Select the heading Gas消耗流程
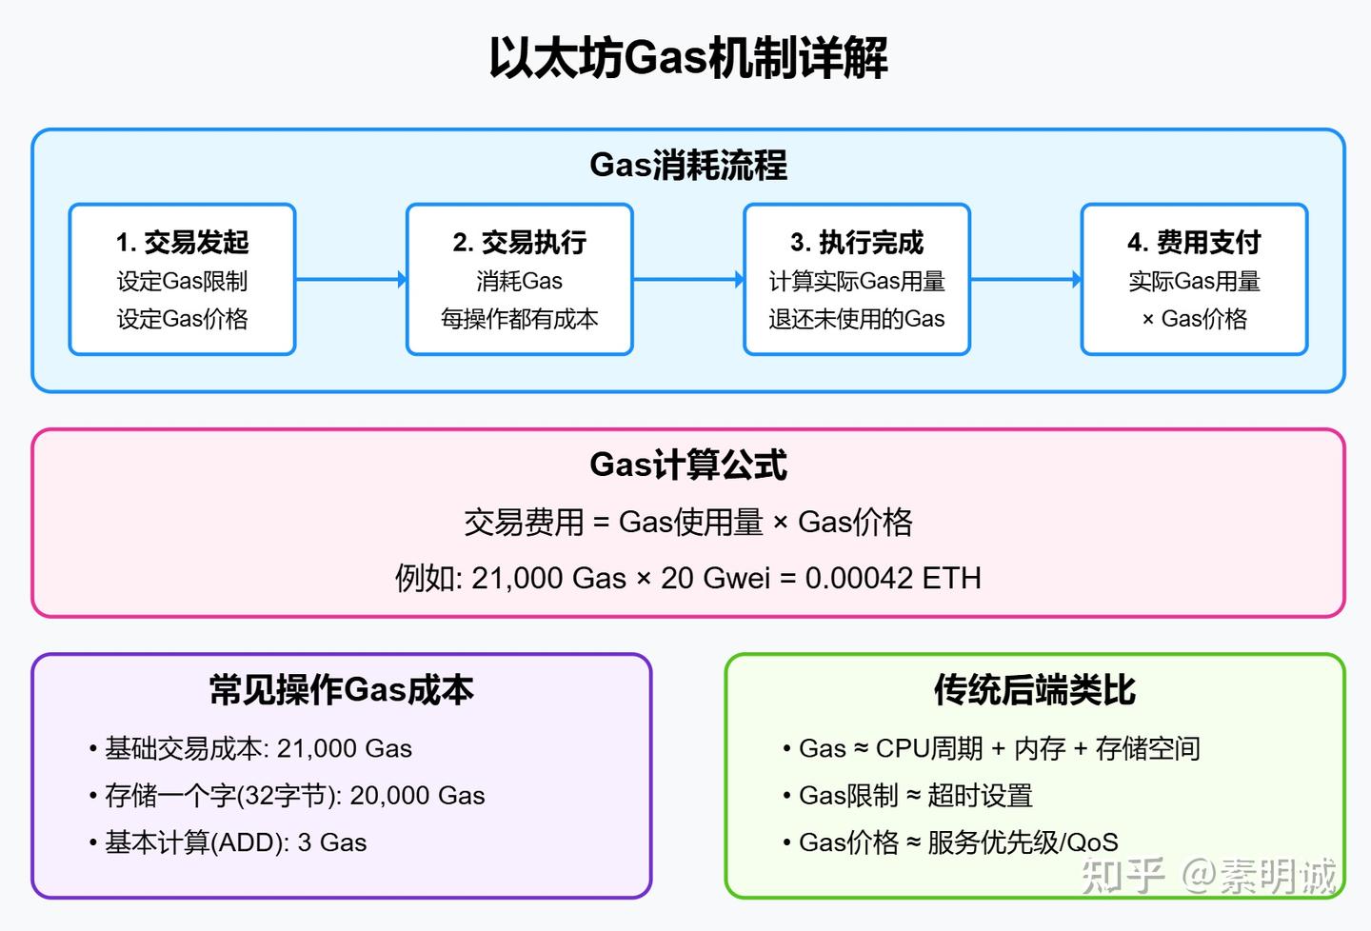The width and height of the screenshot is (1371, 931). point(687,166)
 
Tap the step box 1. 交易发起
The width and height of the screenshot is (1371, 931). point(182,279)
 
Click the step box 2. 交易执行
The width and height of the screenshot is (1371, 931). point(519,279)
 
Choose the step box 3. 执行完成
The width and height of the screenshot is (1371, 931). point(856,279)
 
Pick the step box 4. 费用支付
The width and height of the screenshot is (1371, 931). point(1194,279)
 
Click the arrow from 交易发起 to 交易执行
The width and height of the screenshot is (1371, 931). point(350,280)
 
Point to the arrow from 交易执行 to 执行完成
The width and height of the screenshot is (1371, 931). point(687,280)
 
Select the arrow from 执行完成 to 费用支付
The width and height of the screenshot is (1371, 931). point(1025,280)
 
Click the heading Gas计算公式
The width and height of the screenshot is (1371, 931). point(687,465)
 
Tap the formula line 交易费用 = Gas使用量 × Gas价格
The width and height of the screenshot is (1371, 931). point(687,522)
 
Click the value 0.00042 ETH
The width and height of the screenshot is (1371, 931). point(892,578)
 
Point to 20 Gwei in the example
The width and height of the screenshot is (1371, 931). point(715,578)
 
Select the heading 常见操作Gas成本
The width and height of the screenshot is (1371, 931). point(341,690)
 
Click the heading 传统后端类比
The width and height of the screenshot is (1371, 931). point(1034,690)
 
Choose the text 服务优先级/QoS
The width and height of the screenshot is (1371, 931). point(1023,842)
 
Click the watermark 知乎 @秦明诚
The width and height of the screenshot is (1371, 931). point(1209,875)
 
